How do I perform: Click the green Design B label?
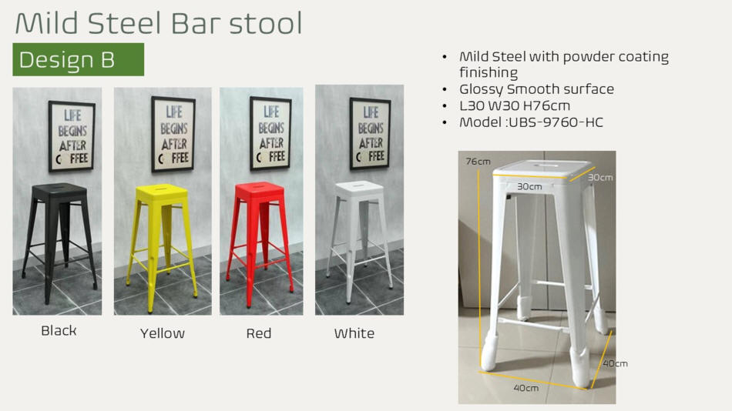(x=78, y=59)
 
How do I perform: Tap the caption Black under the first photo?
(x=59, y=330)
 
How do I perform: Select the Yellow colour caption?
(x=163, y=333)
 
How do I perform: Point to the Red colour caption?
(x=259, y=333)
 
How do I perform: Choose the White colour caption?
(x=354, y=333)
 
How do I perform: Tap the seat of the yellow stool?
(x=162, y=191)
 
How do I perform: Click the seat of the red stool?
(x=260, y=189)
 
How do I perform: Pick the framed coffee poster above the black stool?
(x=72, y=135)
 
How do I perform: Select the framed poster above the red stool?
(x=270, y=133)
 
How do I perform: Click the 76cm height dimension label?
(x=478, y=162)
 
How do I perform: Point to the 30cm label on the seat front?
(x=529, y=186)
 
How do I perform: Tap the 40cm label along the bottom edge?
(x=526, y=388)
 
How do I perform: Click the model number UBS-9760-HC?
(x=556, y=122)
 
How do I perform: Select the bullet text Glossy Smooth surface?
(x=536, y=89)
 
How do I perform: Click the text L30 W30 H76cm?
(x=515, y=106)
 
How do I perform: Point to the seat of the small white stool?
(x=360, y=187)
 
